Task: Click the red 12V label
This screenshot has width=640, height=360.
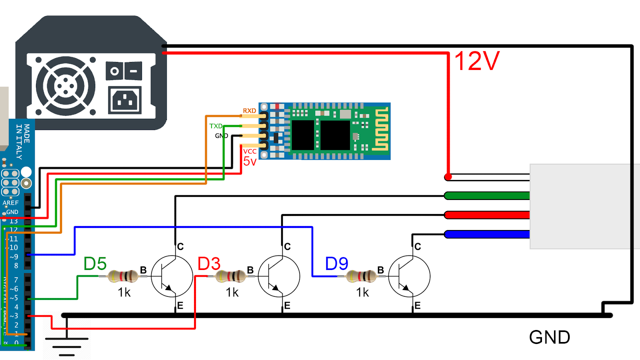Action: click(477, 61)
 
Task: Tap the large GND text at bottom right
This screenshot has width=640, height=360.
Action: click(549, 337)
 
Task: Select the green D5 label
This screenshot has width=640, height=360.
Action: click(95, 264)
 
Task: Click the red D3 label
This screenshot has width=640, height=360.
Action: click(209, 264)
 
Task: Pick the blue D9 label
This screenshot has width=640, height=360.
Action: click(336, 264)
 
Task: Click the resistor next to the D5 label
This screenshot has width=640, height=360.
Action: click(123, 276)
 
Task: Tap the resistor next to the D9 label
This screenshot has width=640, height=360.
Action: click(361, 276)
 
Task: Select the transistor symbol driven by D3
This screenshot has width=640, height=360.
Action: click(279, 276)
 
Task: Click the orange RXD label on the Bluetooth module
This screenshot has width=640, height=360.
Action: click(249, 111)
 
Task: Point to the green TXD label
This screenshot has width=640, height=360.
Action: click(216, 126)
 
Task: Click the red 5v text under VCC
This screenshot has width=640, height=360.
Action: click(250, 162)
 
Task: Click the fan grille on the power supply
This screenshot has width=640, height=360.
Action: click(66, 86)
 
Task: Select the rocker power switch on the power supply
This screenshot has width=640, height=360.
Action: click(124, 71)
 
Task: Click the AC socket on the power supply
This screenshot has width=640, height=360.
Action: click(125, 100)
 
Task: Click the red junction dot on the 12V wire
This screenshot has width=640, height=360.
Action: click(448, 177)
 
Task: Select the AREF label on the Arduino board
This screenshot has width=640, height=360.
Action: click(11, 203)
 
